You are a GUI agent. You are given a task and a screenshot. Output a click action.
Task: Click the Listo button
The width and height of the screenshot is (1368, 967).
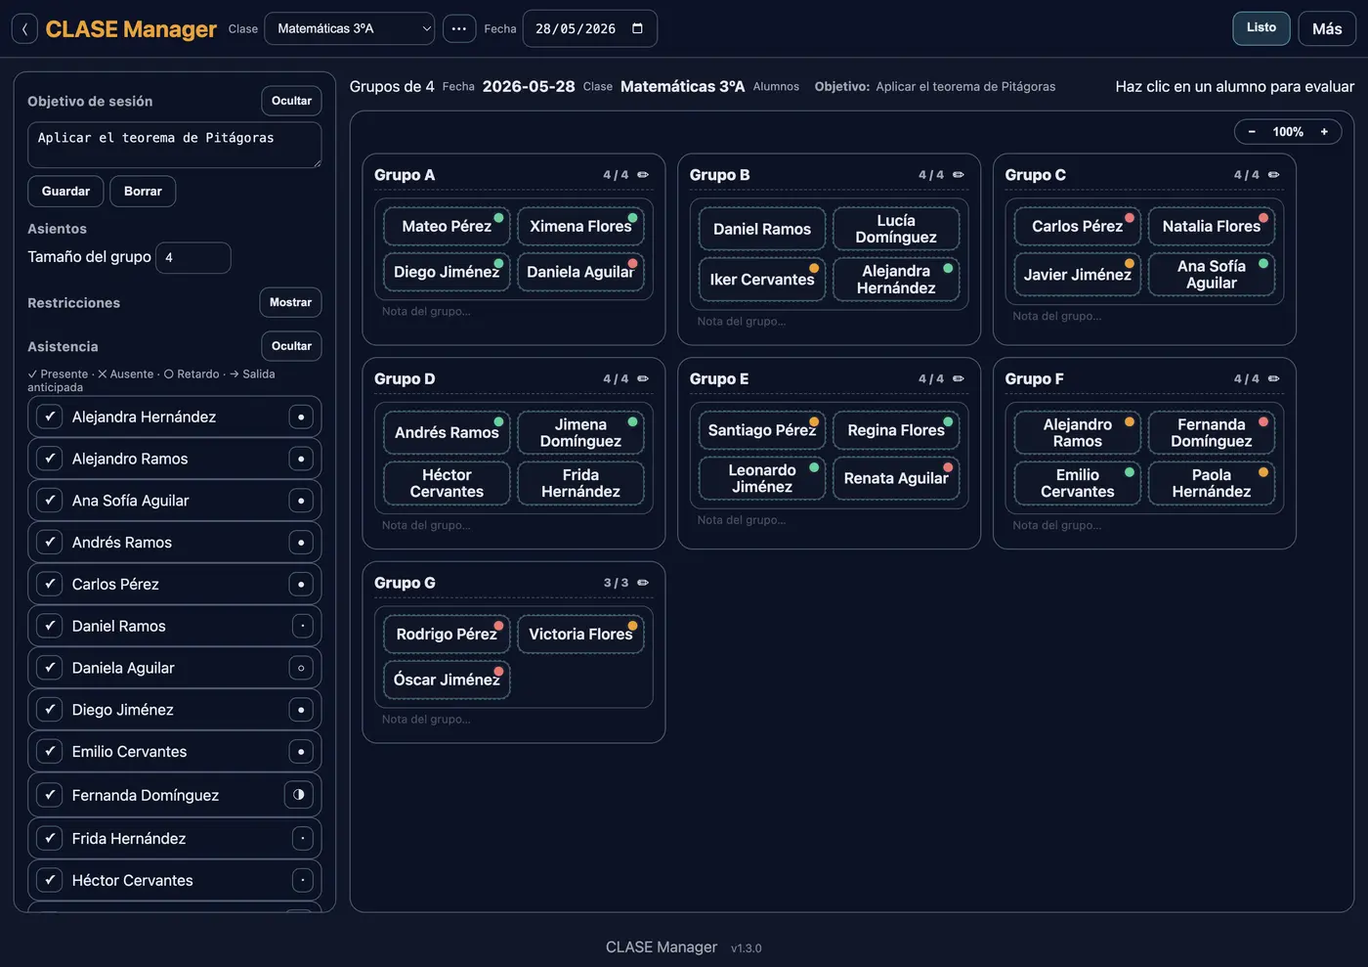pos(1261,28)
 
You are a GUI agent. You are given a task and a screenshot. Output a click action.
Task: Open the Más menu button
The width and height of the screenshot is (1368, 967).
pos(1327,28)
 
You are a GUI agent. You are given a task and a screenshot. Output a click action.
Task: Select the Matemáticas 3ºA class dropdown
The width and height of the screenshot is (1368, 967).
pos(350,28)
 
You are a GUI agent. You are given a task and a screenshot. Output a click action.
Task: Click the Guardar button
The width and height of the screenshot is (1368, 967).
pos(65,192)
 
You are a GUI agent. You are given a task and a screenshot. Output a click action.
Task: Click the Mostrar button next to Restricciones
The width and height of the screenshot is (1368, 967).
pos(290,302)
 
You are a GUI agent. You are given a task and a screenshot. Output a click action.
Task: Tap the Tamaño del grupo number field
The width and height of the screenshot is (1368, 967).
pos(193,257)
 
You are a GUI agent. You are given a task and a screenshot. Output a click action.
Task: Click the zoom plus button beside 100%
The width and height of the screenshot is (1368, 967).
pos(1324,132)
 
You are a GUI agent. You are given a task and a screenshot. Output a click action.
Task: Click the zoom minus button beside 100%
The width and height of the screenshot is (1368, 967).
pos(1252,132)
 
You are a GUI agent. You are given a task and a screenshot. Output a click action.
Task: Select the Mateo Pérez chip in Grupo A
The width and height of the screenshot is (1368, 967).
pos(447,226)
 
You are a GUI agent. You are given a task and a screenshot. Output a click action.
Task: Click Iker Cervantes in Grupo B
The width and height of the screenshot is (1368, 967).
pos(761,280)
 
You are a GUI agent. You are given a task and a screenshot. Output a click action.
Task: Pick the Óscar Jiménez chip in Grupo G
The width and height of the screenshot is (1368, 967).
pos(447,680)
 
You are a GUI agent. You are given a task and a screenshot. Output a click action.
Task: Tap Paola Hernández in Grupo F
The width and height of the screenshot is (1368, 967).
pos(1211,483)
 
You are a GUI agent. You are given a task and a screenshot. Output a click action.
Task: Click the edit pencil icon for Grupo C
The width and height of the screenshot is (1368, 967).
pos(1273,175)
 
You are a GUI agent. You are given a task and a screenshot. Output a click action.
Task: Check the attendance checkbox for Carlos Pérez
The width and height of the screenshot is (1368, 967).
pos(50,584)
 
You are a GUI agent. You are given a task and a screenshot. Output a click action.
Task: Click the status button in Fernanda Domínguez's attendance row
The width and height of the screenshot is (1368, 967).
pos(299,795)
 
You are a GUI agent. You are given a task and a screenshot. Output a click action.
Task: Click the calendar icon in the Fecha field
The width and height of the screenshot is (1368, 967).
pos(637,28)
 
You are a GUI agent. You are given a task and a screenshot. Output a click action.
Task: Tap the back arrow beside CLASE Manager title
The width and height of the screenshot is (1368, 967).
pos(24,28)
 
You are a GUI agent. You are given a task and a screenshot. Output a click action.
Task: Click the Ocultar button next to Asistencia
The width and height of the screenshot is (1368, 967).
pos(291,346)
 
